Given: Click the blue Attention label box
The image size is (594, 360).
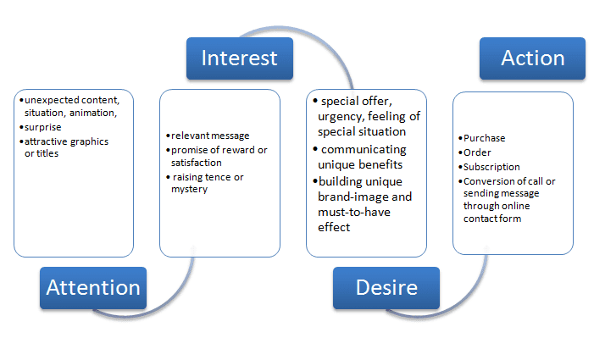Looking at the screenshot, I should [93, 288].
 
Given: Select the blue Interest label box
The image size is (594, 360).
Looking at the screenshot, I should [239, 58].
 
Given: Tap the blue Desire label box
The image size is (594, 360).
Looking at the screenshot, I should [386, 288].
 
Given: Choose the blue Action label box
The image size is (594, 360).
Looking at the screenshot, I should [532, 58].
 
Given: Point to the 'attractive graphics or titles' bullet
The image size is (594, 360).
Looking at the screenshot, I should [66, 147].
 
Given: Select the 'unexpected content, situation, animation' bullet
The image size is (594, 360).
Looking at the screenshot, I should [70, 107].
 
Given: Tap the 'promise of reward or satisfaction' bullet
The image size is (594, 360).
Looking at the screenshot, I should [219, 156].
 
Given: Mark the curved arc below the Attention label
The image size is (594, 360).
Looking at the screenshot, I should [127, 314].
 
